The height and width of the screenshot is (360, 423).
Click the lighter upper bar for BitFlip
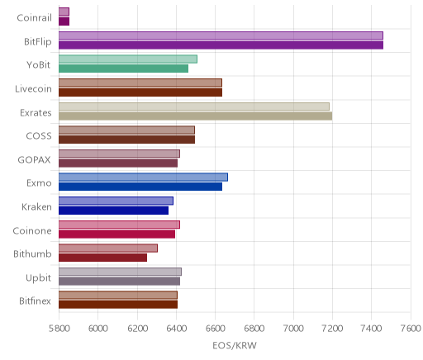click(221, 36)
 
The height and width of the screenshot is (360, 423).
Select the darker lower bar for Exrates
click(195, 116)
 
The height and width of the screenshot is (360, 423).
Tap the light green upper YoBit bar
click(128, 59)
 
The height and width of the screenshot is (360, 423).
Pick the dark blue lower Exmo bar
click(140, 187)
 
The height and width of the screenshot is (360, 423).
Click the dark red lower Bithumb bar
click(102, 258)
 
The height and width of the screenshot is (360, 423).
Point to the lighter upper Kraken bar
click(116, 201)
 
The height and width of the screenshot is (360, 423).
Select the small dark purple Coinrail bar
click(64, 21)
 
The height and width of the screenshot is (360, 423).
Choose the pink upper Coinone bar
click(119, 225)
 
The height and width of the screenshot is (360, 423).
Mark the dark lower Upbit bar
click(119, 282)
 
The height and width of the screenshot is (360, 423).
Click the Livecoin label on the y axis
click(33, 89)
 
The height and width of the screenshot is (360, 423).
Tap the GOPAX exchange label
click(35, 160)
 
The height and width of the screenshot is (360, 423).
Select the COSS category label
click(39, 136)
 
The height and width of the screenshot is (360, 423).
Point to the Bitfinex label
click(35, 301)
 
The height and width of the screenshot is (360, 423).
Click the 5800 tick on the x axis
click(59, 329)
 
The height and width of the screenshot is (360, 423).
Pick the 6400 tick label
click(176, 329)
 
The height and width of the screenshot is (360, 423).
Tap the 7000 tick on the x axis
click(293, 329)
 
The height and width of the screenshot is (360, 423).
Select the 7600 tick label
click(411, 329)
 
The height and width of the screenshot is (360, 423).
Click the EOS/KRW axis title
click(235, 346)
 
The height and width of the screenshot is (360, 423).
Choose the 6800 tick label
click(254, 329)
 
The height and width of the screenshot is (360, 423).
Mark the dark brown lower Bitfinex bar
click(118, 305)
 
